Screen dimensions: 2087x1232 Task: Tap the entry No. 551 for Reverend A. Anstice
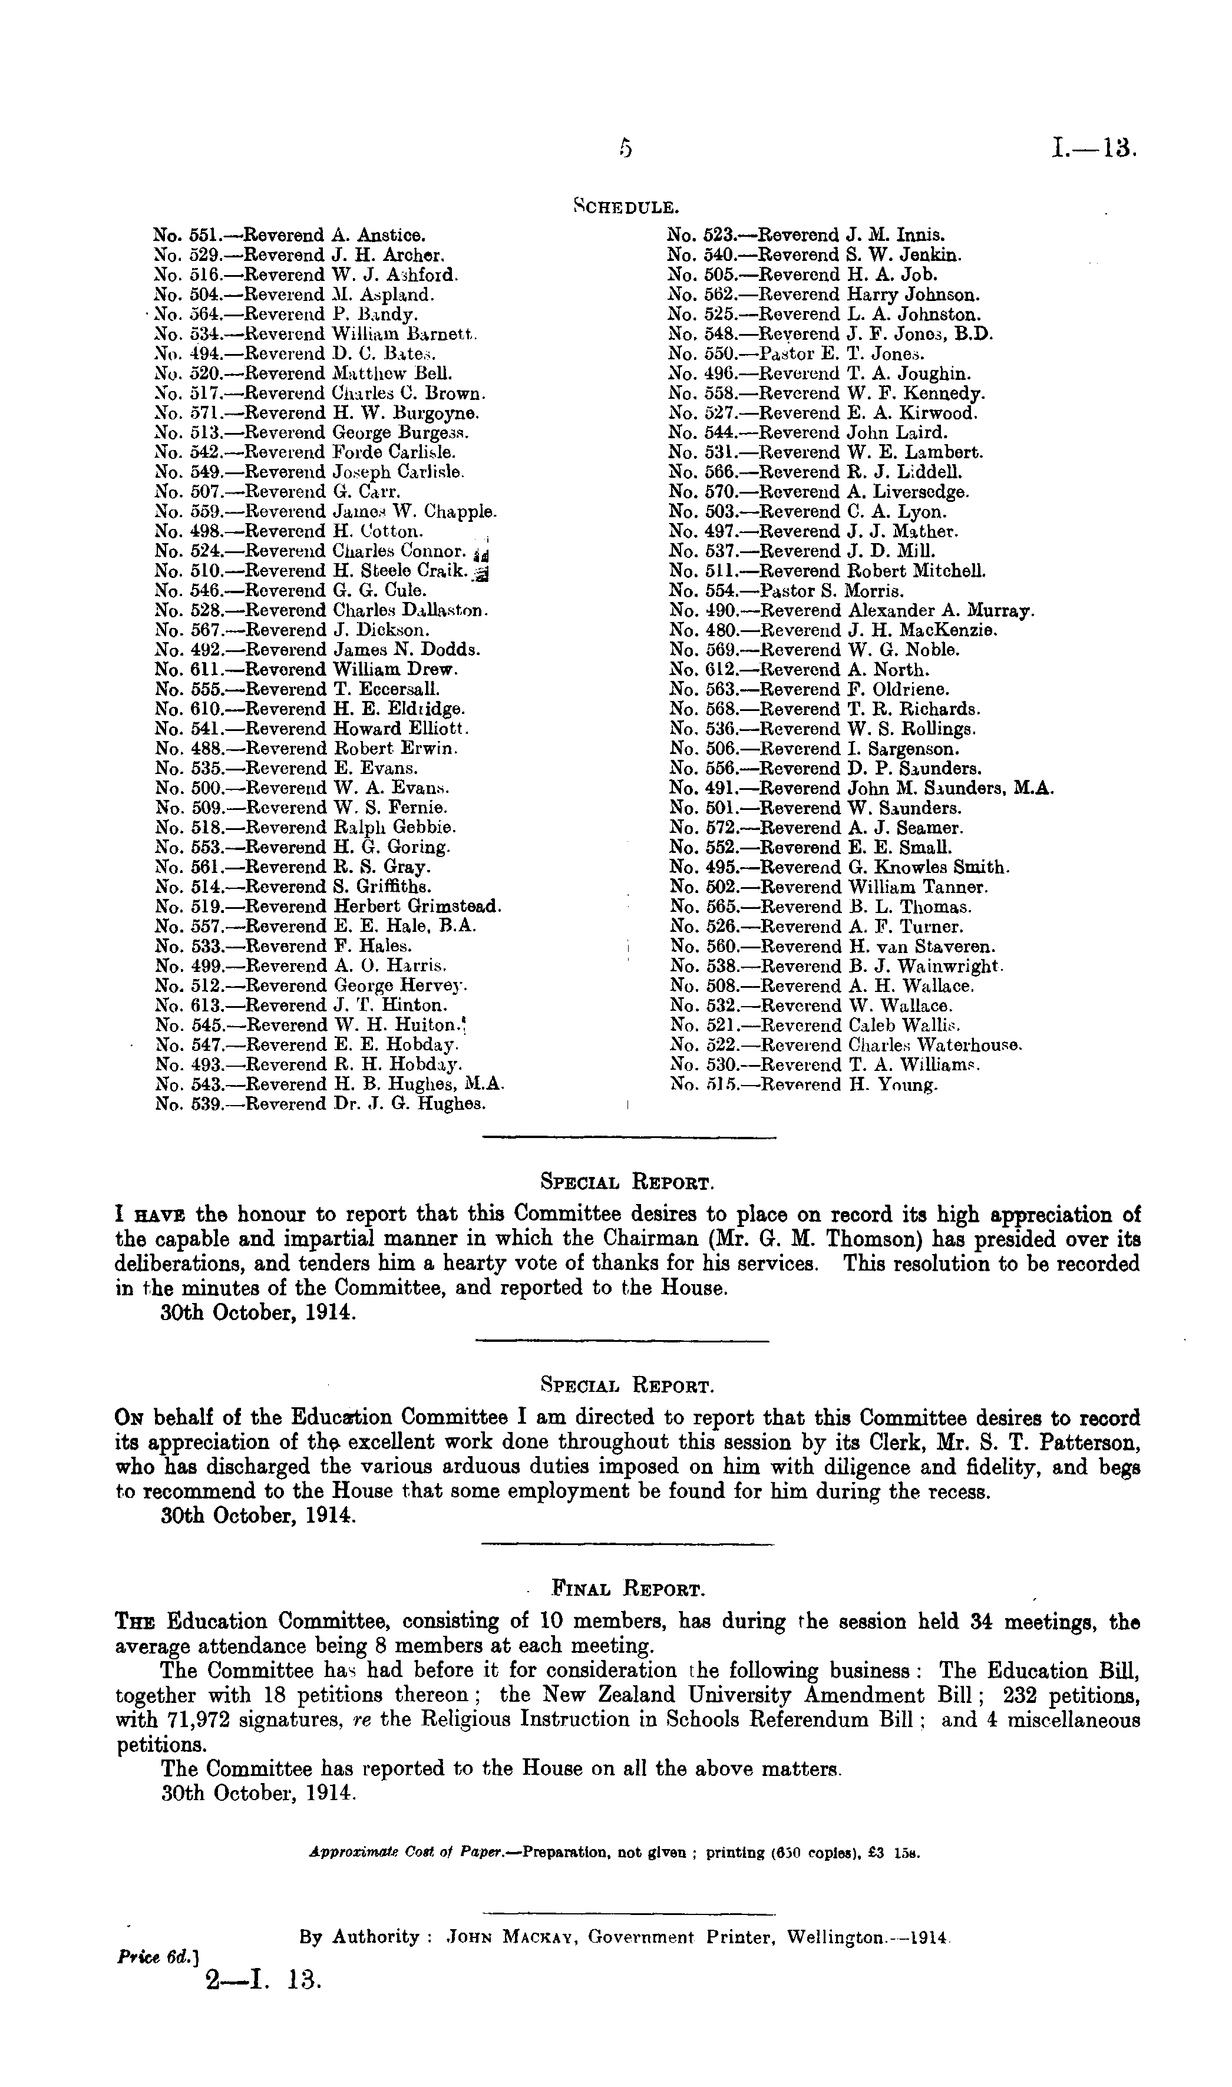point(290,235)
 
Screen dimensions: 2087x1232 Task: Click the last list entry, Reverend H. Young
point(804,1086)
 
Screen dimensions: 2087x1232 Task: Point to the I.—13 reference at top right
point(1092,150)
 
